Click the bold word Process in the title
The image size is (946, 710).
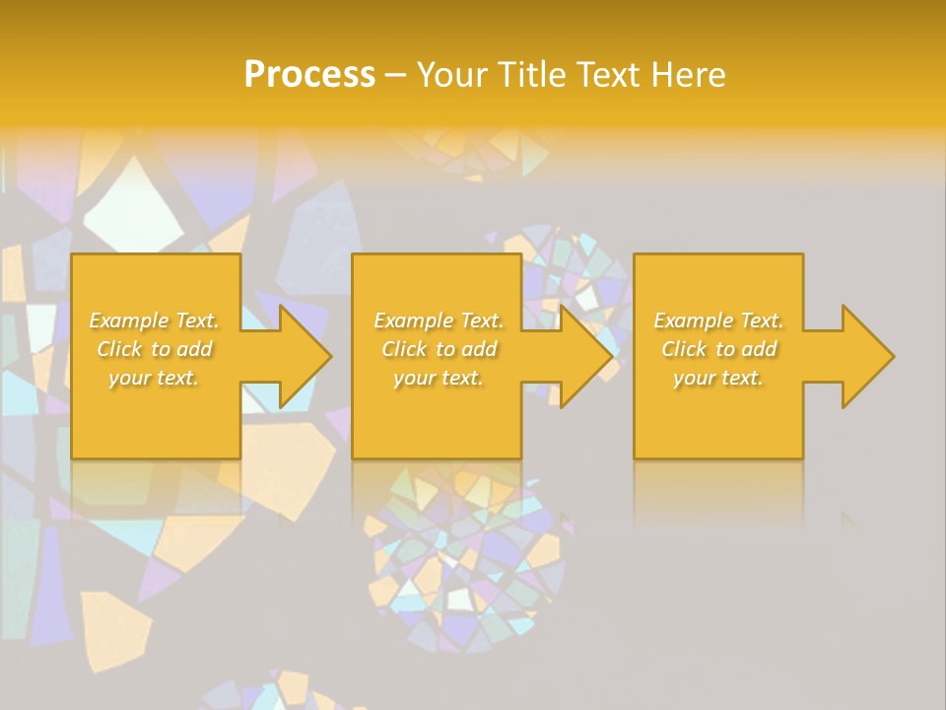coord(309,75)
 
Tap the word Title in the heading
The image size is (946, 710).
coord(529,75)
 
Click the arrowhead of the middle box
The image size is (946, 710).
coord(584,356)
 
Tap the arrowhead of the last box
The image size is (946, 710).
coord(865,356)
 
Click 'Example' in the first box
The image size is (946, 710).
coord(129,320)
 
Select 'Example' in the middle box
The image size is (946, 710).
coord(413,320)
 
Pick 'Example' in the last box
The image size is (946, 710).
coord(693,320)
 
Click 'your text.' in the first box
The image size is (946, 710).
coord(153,378)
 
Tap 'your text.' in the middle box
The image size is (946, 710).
coord(438,378)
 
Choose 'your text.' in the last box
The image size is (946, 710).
coord(717,378)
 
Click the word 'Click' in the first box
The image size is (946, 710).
coord(119,349)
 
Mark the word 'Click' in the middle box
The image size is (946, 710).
coord(404,349)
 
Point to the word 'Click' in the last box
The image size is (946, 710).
coord(684,349)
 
